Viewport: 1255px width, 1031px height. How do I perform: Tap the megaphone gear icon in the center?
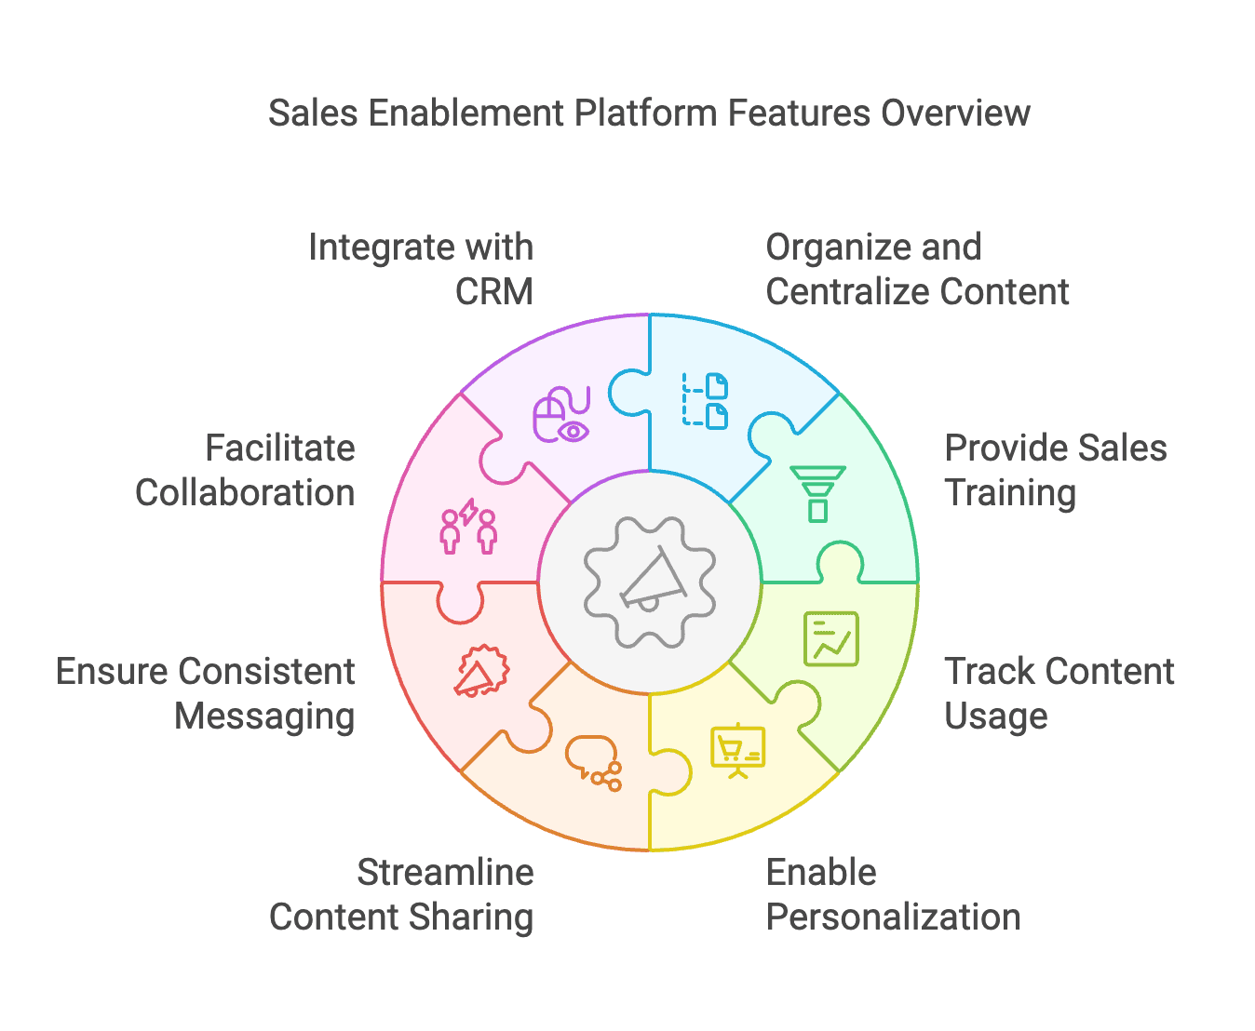coord(650,583)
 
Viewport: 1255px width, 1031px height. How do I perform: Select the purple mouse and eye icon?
coord(561,415)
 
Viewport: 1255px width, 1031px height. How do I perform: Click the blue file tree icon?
coord(705,400)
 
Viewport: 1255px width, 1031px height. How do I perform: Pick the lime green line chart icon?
coord(830,638)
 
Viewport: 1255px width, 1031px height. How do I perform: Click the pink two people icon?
coord(468,527)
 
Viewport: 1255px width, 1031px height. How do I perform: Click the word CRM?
coord(493,292)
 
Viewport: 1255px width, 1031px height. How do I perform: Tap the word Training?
coord(1010,493)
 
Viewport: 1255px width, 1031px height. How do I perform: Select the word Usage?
coord(995,716)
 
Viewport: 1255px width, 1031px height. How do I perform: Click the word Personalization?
coord(893,917)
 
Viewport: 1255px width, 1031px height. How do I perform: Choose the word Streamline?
coord(445,873)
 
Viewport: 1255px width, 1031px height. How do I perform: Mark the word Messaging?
coord(264,716)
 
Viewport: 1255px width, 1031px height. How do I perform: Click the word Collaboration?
coord(245,493)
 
